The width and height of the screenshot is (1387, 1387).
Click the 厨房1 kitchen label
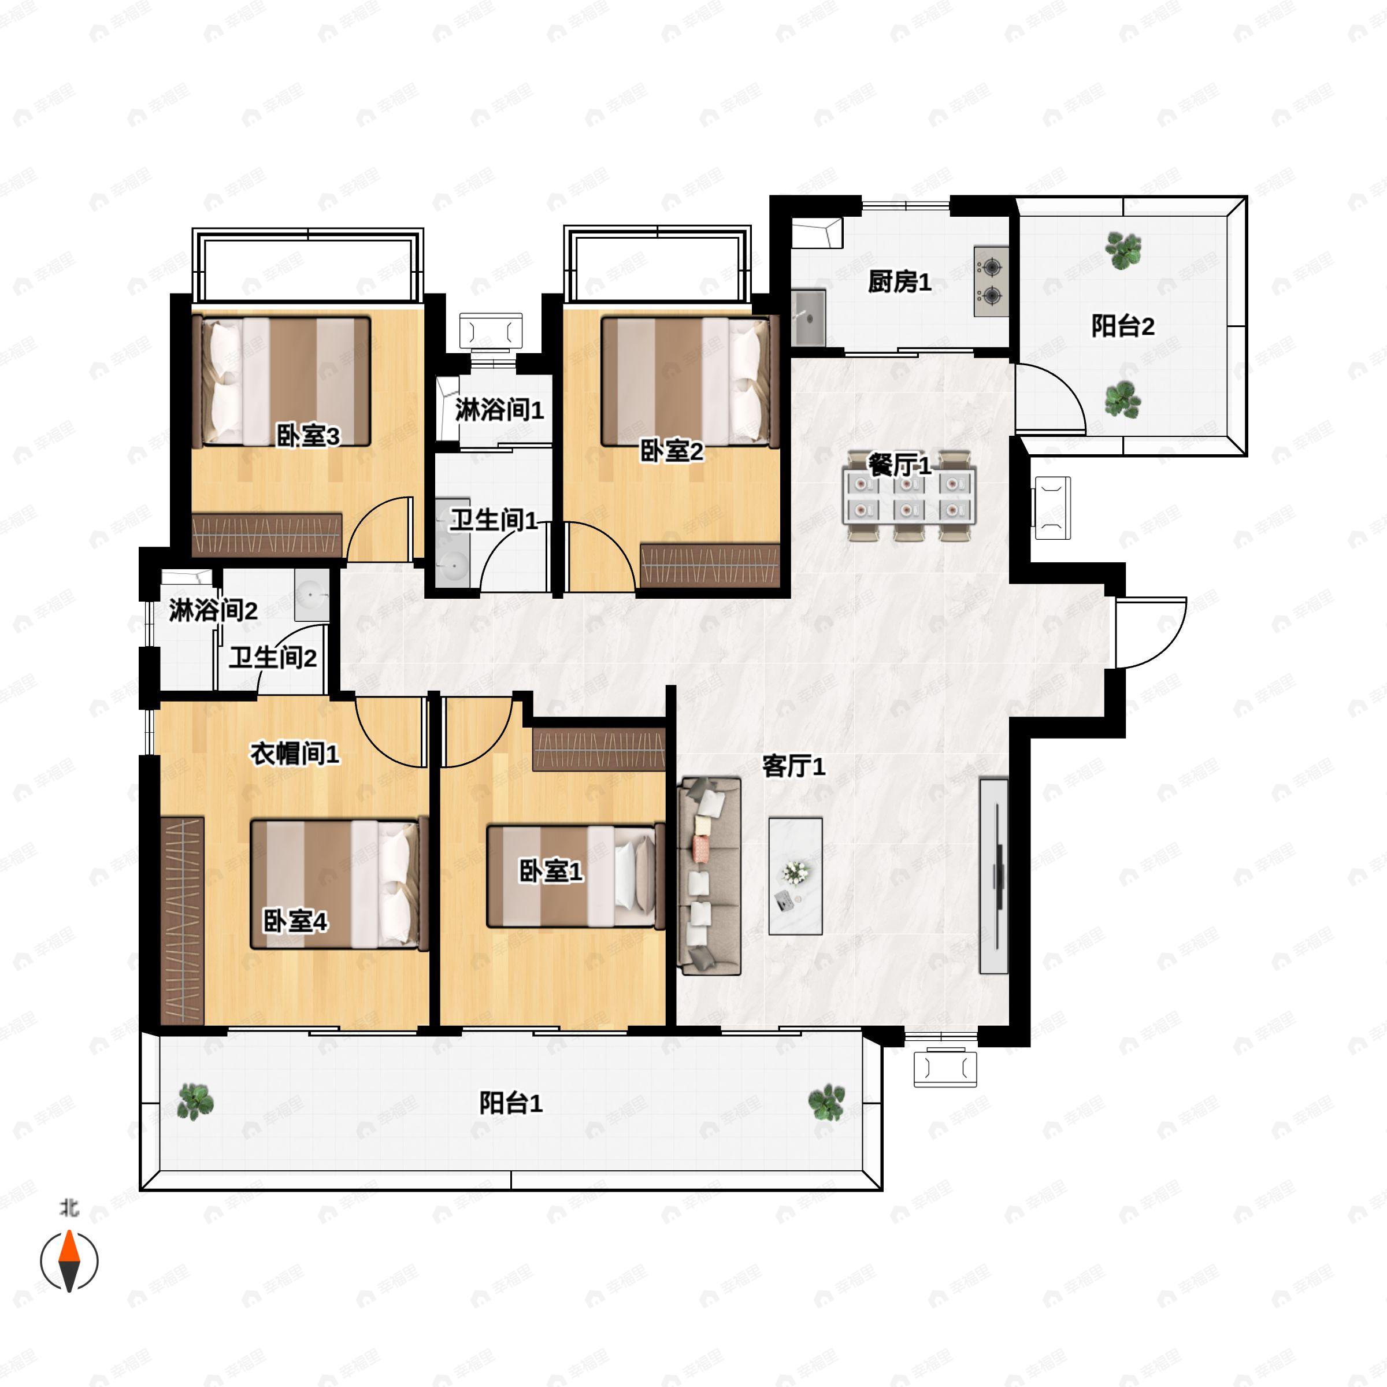pyautogui.click(x=900, y=282)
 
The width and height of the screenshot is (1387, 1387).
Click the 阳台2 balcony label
pyautogui.click(x=1123, y=326)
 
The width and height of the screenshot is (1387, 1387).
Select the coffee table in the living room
pyautogui.click(x=795, y=876)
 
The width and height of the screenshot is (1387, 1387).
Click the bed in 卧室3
pyautogui.click(x=285, y=381)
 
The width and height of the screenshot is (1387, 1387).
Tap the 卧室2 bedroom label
pyautogui.click(x=672, y=451)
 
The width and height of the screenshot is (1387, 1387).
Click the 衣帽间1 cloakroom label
pyautogui.click(x=294, y=753)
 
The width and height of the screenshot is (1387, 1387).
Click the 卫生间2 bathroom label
pyautogui.click(x=273, y=657)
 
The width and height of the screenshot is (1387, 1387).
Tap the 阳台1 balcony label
pyautogui.click(x=511, y=1103)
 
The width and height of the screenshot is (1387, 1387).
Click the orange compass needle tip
pyautogui.click(x=69, y=1230)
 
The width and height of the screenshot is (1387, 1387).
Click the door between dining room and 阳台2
pyautogui.click(x=1049, y=397)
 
